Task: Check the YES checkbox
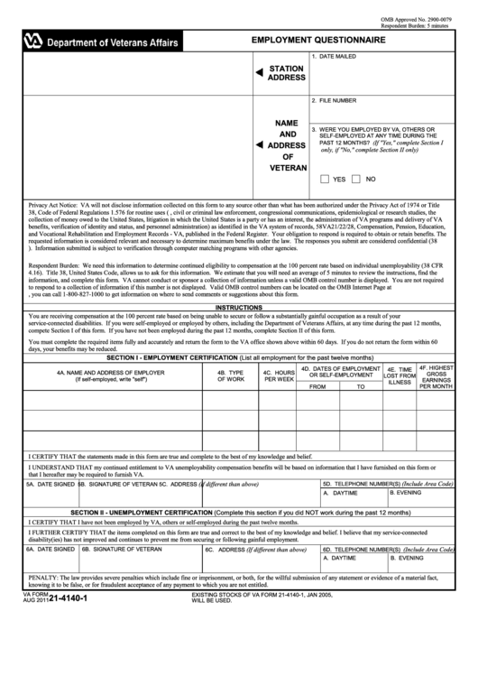(x=325, y=179)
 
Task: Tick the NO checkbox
(x=357, y=179)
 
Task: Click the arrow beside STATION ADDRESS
(x=259, y=72)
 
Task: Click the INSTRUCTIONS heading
(x=238, y=307)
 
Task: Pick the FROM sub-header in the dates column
(x=317, y=385)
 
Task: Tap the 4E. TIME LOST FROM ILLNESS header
(x=399, y=375)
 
